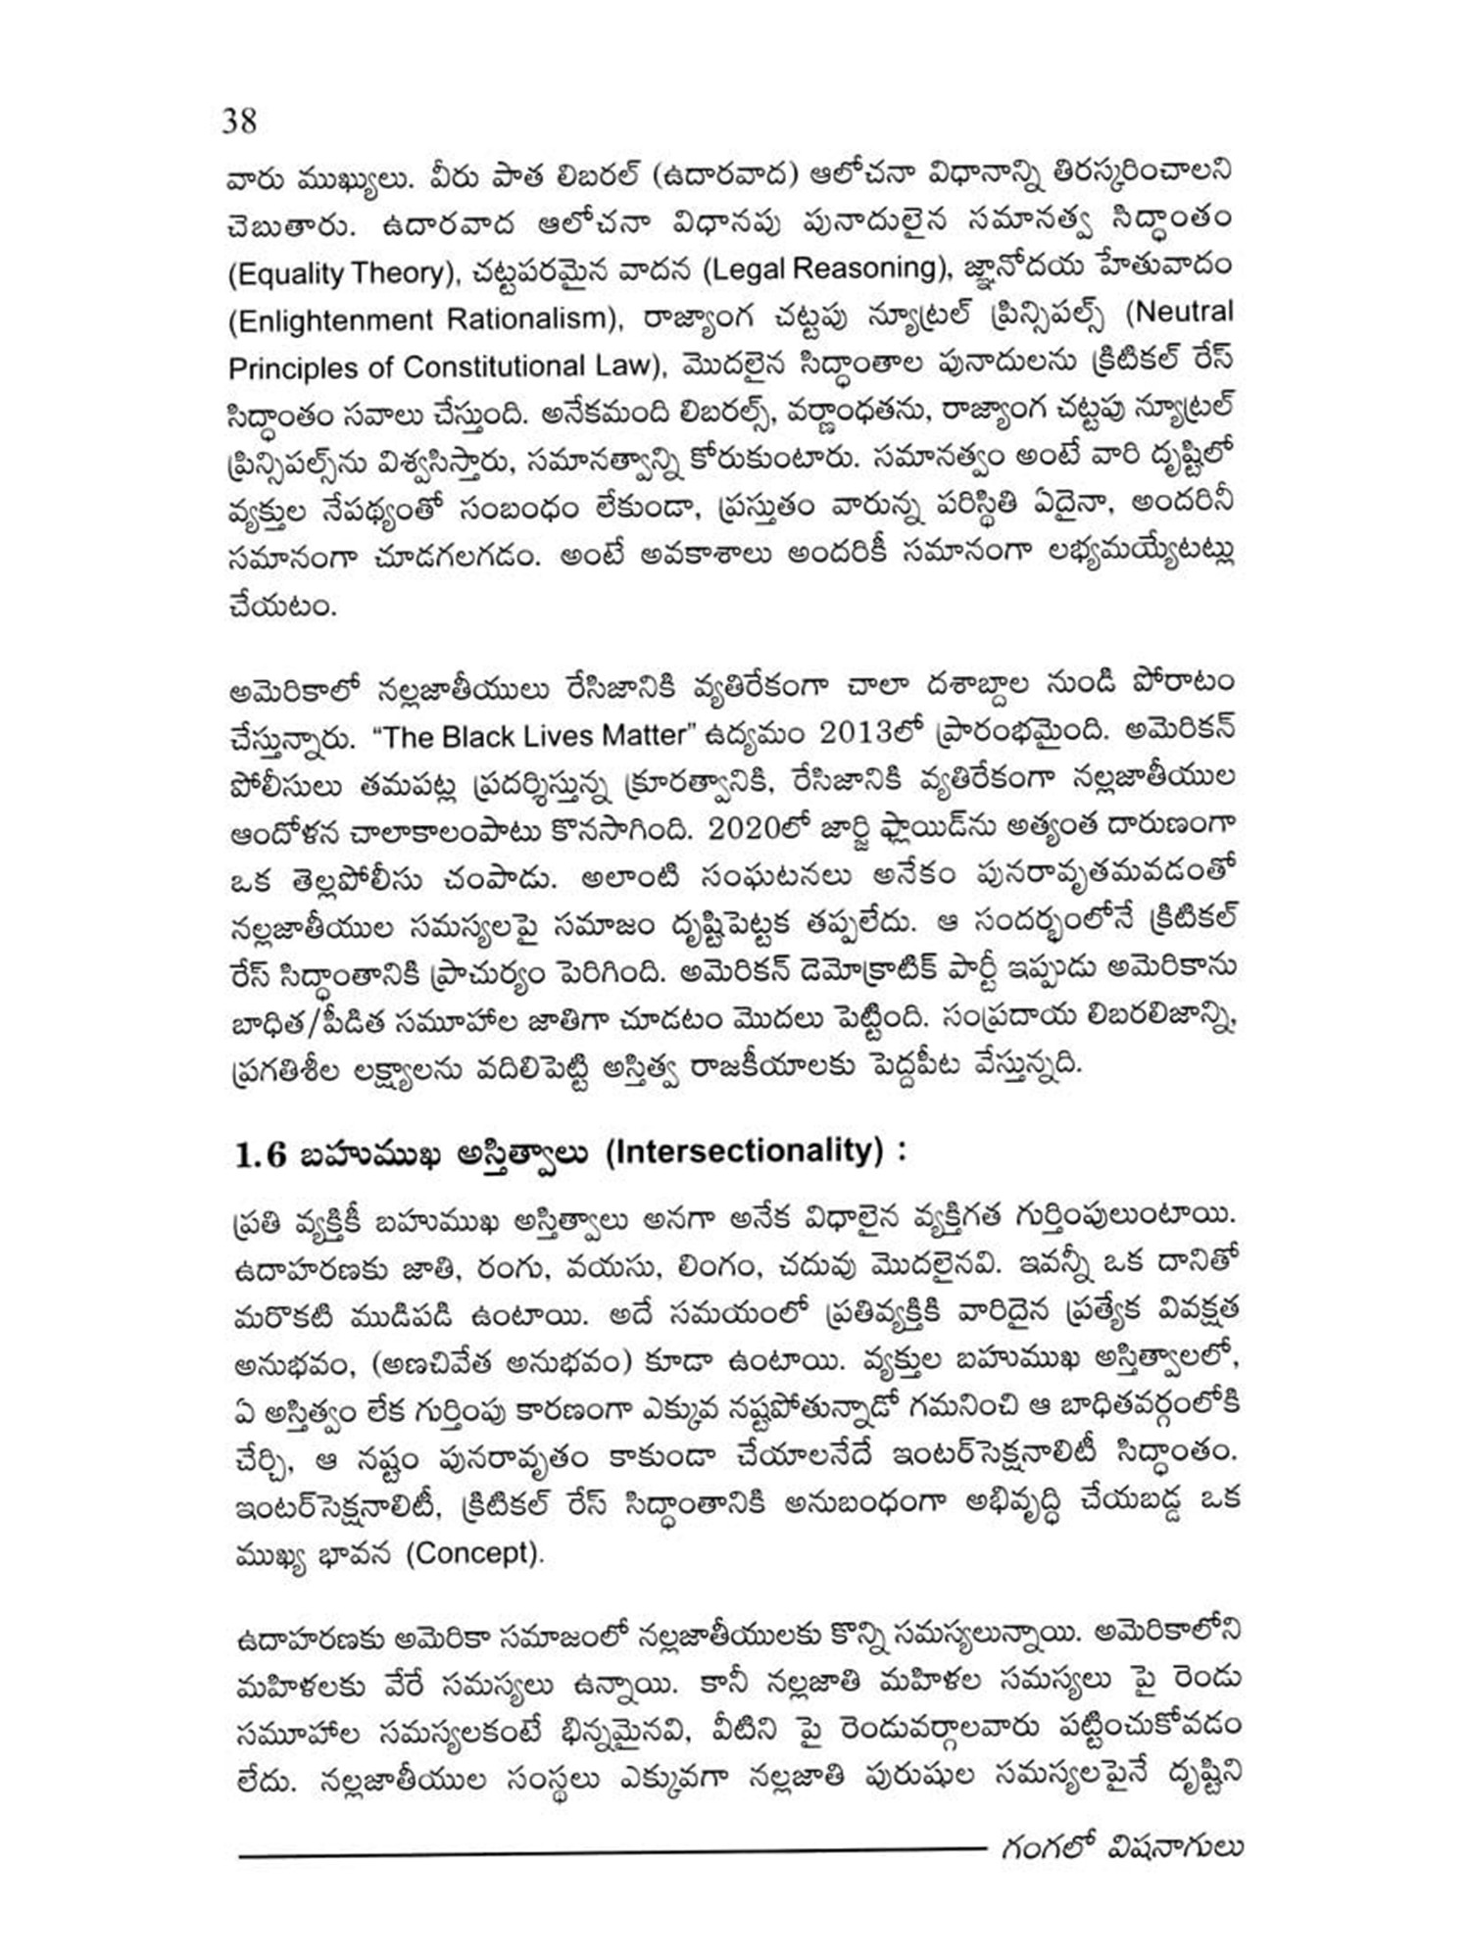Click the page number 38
click(x=240, y=122)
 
